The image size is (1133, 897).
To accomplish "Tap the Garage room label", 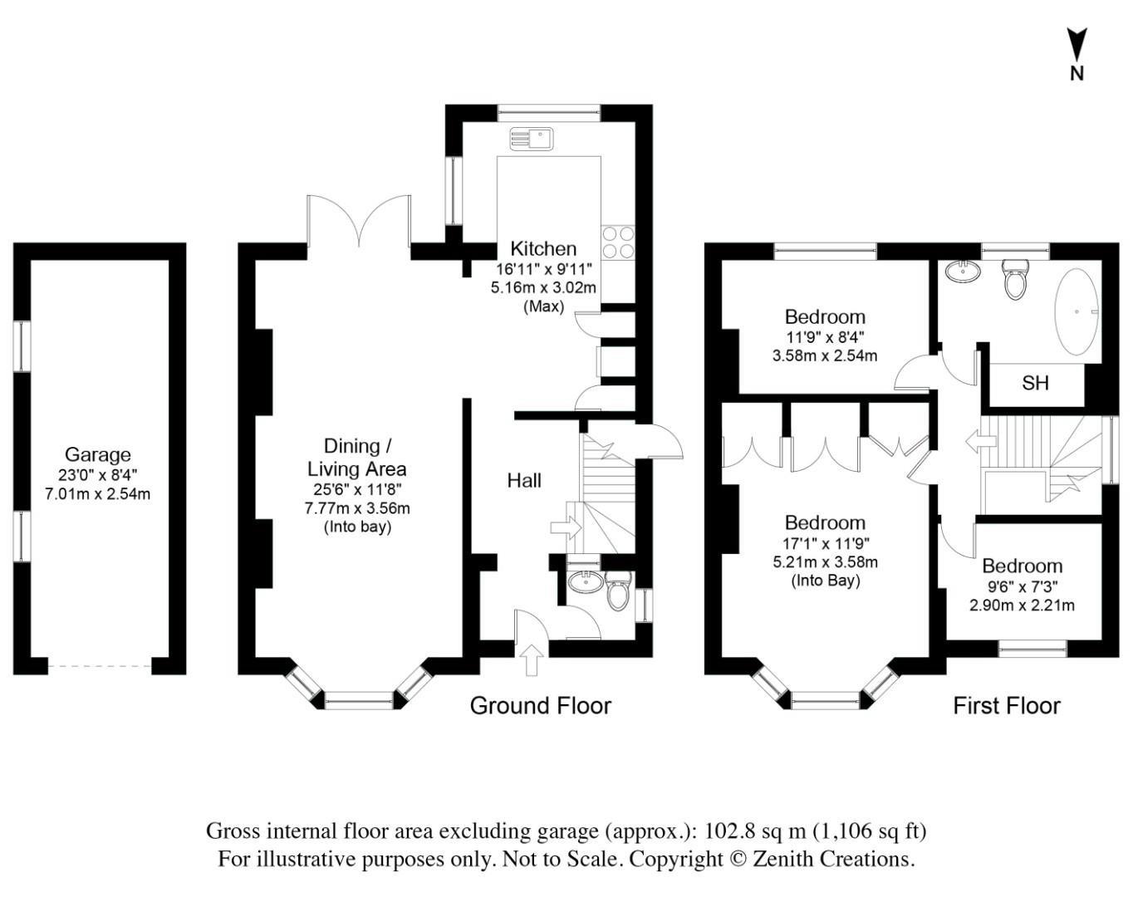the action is click(x=97, y=453).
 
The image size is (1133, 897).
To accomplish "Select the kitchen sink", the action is click(x=532, y=139).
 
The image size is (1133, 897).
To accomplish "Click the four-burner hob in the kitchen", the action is click(x=618, y=243).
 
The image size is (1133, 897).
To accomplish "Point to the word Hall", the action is click(x=524, y=480).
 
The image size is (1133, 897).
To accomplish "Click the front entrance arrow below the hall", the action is click(x=532, y=660).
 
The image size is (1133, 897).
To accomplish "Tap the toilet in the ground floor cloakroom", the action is click(x=618, y=591).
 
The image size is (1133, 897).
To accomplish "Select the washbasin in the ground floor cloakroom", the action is click(x=586, y=582).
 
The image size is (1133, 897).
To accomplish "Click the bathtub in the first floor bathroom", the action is click(x=1077, y=312).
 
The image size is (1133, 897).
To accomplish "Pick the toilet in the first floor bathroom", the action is click(x=1015, y=280).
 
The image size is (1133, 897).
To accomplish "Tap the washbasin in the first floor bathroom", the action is click(x=963, y=272).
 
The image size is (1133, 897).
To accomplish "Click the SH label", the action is click(x=1035, y=383).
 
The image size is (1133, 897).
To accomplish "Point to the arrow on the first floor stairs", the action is click(x=981, y=441).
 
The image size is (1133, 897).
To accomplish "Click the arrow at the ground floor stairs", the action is click(x=566, y=527).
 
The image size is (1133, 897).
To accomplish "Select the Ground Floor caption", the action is click(x=541, y=706).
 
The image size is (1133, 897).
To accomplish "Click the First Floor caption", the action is click(x=1007, y=706).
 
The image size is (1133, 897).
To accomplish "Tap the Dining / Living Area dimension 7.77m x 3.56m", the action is click(x=357, y=508).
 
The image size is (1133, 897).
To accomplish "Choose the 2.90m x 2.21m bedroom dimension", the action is click(x=1022, y=605).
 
